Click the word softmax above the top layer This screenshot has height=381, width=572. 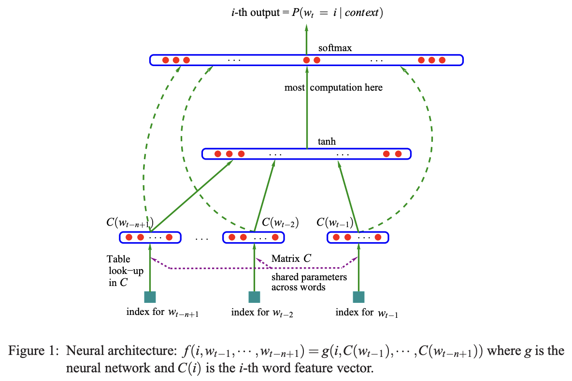click(x=335, y=48)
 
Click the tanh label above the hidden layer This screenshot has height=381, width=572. click(x=327, y=142)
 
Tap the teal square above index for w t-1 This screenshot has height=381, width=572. click(x=358, y=297)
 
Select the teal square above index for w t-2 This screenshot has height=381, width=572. click(x=254, y=297)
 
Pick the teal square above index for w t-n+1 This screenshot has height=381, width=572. click(x=150, y=297)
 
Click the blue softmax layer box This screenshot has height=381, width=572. click(x=306, y=60)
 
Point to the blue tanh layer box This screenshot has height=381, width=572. click(x=306, y=154)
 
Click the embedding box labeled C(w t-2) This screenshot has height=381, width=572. click(x=253, y=237)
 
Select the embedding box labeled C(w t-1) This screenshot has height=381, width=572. click(x=357, y=237)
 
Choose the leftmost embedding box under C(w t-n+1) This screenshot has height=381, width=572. click(x=150, y=237)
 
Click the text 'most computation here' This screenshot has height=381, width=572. click(x=333, y=88)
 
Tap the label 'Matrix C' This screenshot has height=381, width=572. click(x=291, y=259)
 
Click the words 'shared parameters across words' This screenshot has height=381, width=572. click(x=309, y=282)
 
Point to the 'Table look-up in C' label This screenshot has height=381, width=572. click(x=125, y=271)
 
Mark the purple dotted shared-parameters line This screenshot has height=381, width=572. click(x=256, y=268)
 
